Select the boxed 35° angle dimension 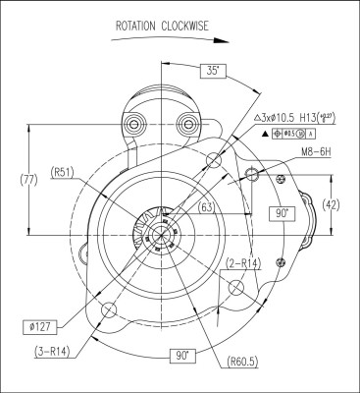pyautogui.click(x=214, y=70)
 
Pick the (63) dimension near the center pyautogui.click(x=207, y=207)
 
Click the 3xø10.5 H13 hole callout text pyautogui.click(x=296, y=116)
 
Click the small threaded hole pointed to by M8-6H pyautogui.click(x=252, y=174)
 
